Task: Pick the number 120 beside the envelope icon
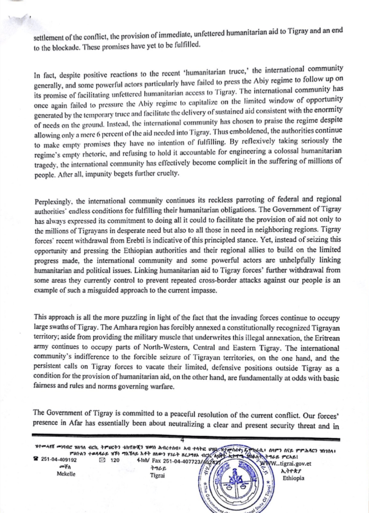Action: coord(114,458)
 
